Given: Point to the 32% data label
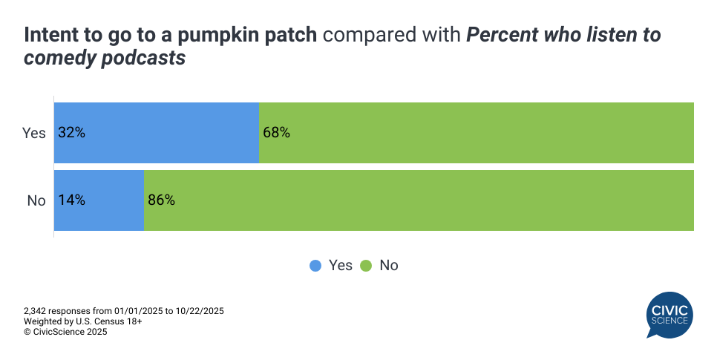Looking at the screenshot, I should (x=72, y=134).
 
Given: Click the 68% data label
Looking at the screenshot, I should (x=276, y=134).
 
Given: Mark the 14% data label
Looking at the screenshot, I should (x=72, y=200).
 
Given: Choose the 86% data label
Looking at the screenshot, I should (x=161, y=200).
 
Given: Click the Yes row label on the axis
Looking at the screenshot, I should (x=34, y=134).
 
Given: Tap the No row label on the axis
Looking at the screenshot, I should (x=36, y=200).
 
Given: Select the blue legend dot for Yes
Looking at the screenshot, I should (x=315, y=266).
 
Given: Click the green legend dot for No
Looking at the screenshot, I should (x=366, y=266).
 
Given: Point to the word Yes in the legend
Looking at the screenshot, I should (x=340, y=266).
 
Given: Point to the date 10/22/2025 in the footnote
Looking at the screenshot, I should (x=200, y=310).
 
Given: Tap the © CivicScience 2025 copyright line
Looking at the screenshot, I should (x=65, y=332).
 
